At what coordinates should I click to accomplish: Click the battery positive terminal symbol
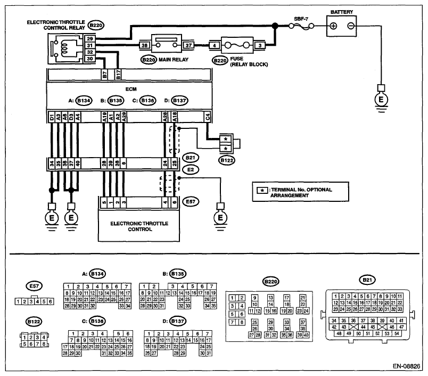click(333, 26)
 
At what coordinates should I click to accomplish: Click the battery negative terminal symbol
click(350, 26)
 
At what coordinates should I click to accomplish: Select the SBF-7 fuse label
click(301, 19)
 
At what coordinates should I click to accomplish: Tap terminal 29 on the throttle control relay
click(90, 39)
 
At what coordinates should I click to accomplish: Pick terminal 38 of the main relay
click(145, 45)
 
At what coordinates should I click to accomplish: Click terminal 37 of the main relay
click(188, 45)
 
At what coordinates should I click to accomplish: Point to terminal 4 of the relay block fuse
click(215, 46)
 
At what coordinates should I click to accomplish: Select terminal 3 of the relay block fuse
click(260, 46)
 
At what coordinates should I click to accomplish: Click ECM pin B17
click(118, 75)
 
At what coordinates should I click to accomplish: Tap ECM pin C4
click(208, 117)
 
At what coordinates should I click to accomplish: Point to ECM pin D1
click(52, 117)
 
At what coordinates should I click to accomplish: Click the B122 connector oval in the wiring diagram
click(227, 160)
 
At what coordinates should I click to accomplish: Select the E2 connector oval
click(191, 169)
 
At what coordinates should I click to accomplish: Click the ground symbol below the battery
click(381, 100)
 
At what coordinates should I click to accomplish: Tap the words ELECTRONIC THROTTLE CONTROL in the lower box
click(139, 226)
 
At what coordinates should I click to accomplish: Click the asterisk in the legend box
click(262, 190)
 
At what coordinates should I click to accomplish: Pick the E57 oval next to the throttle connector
click(191, 202)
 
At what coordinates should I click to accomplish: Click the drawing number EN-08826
click(406, 366)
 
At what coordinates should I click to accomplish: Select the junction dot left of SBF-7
click(275, 26)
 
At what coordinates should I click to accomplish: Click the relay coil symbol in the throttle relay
click(65, 47)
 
